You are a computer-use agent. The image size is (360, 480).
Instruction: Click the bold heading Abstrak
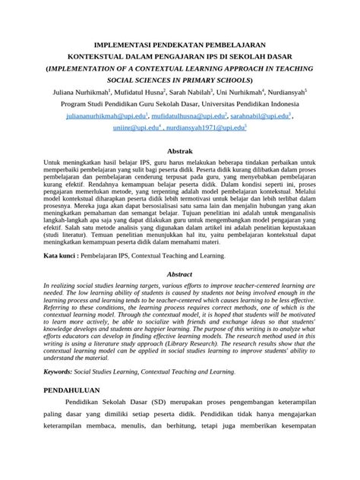[x=180, y=152]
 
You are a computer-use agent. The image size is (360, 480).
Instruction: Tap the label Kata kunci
[x=62, y=257]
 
